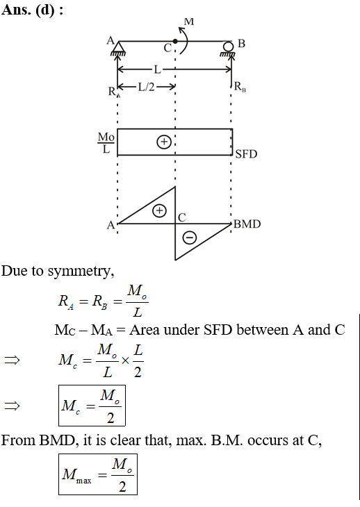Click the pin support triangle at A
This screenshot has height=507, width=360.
point(118,47)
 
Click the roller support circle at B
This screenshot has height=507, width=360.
point(228,47)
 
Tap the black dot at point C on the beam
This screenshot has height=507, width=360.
point(175,42)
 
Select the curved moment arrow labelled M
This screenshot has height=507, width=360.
point(183,40)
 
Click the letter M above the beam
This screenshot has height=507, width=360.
point(189,22)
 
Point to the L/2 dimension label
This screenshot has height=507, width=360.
point(146,87)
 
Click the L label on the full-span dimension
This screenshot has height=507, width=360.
point(157,69)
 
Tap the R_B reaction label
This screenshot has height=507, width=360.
point(240,87)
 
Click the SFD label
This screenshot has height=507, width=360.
point(246,154)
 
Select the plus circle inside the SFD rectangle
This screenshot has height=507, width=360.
point(163,142)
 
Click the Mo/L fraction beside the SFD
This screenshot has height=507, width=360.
point(106,142)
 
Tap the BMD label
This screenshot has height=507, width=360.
point(247,224)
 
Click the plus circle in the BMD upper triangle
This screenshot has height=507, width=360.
point(159,211)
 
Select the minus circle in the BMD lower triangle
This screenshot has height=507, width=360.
point(190,238)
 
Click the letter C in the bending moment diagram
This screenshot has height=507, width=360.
point(182,217)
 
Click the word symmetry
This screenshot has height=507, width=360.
point(81,272)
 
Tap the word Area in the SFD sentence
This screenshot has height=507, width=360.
point(145,330)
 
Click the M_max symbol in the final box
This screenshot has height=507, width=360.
point(76,475)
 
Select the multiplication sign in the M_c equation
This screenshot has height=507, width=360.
point(125,360)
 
